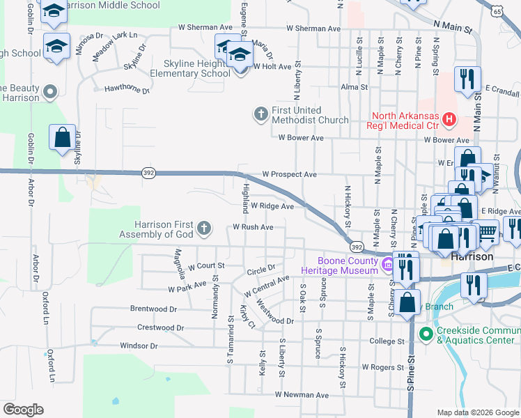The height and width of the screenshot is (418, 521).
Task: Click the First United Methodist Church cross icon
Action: click(x=260, y=113)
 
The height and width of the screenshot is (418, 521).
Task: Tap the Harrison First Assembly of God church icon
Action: click(x=203, y=228)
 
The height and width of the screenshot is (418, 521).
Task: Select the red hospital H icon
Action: click(x=449, y=119)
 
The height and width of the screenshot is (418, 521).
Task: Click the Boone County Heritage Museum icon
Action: click(x=387, y=264)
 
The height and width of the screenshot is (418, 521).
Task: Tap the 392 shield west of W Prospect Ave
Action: click(x=148, y=173)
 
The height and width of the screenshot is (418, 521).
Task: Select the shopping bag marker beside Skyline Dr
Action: click(x=62, y=137)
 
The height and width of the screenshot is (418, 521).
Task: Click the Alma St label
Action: click(x=354, y=87)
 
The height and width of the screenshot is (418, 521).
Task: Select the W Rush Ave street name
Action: click(x=253, y=227)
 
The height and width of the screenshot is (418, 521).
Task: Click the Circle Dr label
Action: click(x=261, y=267)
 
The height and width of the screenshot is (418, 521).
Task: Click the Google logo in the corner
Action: click(x=23, y=410)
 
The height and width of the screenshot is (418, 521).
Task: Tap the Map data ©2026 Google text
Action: click(x=477, y=412)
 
